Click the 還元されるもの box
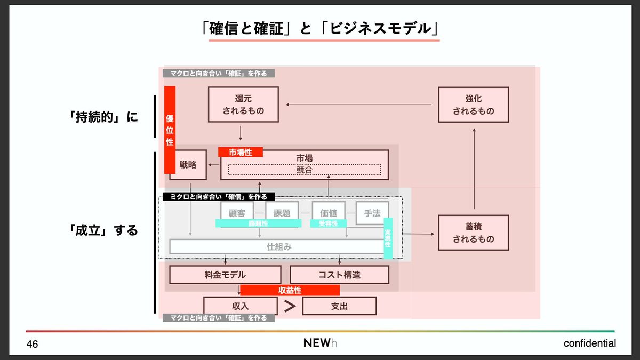[243, 105]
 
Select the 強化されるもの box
[473, 105]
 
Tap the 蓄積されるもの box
[473, 233]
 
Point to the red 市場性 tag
[241, 152]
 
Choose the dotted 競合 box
[305, 170]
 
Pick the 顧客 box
[237, 213]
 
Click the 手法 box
[372, 213]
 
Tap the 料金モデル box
[225, 275]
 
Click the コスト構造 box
[339, 275]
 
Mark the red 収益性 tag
[290, 290]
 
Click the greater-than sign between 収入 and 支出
[290, 306]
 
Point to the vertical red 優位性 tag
[170, 130]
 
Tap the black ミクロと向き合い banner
[218, 196]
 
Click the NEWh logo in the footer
[320, 343]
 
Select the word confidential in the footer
[589, 343]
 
